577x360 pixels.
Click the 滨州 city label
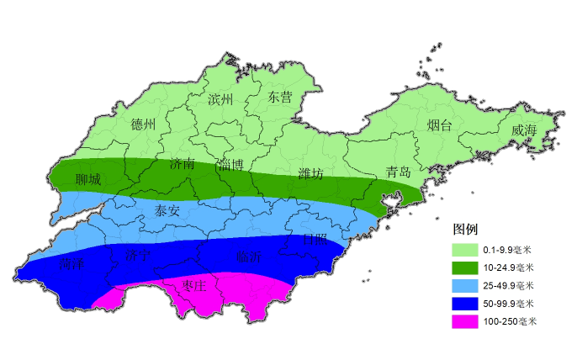(x=220, y=100)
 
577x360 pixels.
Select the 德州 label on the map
(x=144, y=124)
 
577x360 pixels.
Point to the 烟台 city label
(x=439, y=126)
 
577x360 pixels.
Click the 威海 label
(x=523, y=130)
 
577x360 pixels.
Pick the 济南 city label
(x=183, y=164)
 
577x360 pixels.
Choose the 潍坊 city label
(x=310, y=174)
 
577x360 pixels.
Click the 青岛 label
(x=398, y=172)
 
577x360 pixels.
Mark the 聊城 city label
(x=87, y=180)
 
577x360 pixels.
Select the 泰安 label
(x=167, y=211)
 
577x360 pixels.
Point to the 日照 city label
(x=315, y=240)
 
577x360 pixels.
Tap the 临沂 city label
(x=249, y=257)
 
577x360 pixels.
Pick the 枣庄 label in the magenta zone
(x=194, y=286)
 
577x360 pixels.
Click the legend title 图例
(x=465, y=229)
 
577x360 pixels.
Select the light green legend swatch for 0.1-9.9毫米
(x=465, y=250)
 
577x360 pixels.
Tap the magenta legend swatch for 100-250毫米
(x=465, y=321)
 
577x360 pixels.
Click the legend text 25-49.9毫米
(x=508, y=285)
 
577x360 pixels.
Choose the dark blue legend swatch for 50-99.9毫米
(x=465, y=303)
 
